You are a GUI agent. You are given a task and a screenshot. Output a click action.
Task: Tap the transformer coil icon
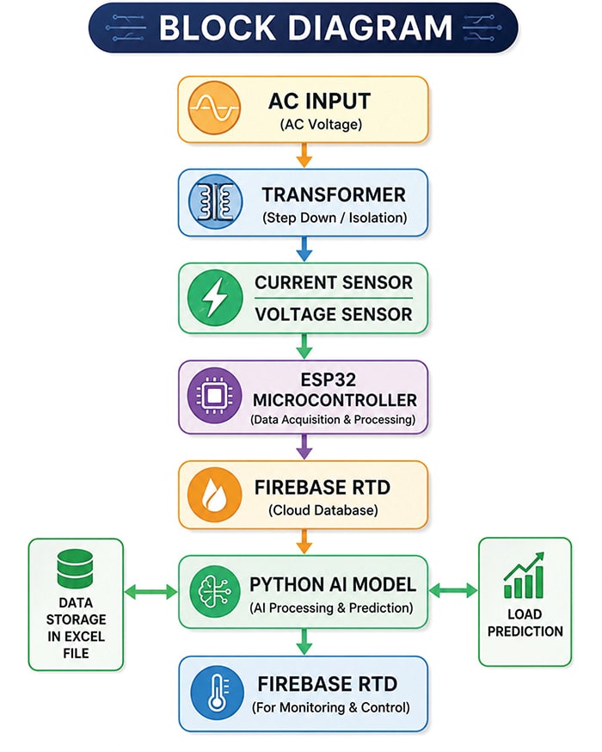click(x=216, y=201)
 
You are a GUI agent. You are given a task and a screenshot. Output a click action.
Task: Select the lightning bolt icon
click(x=215, y=298)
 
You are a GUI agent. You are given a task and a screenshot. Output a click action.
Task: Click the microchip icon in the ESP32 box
click(x=214, y=396)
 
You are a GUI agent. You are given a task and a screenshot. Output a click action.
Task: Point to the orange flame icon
click(x=214, y=495)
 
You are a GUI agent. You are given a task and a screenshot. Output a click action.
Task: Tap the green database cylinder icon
click(x=75, y=569)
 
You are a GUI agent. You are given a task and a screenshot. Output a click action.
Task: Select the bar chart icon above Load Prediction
click(x=525, y=575)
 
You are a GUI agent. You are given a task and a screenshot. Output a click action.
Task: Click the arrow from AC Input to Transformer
click(x=304, y=155)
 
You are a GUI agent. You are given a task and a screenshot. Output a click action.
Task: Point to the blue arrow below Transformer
click(x=304, y=249)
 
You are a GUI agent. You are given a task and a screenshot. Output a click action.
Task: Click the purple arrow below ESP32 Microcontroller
click(x=304, y=447)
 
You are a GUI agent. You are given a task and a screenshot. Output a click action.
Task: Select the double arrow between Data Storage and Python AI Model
click(x=151, y=592)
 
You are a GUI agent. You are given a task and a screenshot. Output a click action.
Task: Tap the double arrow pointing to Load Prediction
click(x=453, y=591)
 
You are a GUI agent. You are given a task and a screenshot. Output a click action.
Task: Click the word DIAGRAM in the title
click(x=371, y=28)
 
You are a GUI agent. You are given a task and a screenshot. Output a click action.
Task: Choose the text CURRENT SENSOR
click(x=334, y=282)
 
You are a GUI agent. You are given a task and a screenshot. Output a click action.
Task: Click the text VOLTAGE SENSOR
click(x=334, y=315)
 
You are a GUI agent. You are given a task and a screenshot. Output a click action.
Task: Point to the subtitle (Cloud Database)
click(x=323, y=510)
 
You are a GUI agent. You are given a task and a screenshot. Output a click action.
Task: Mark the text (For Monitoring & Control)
click(x=331, y=708)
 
